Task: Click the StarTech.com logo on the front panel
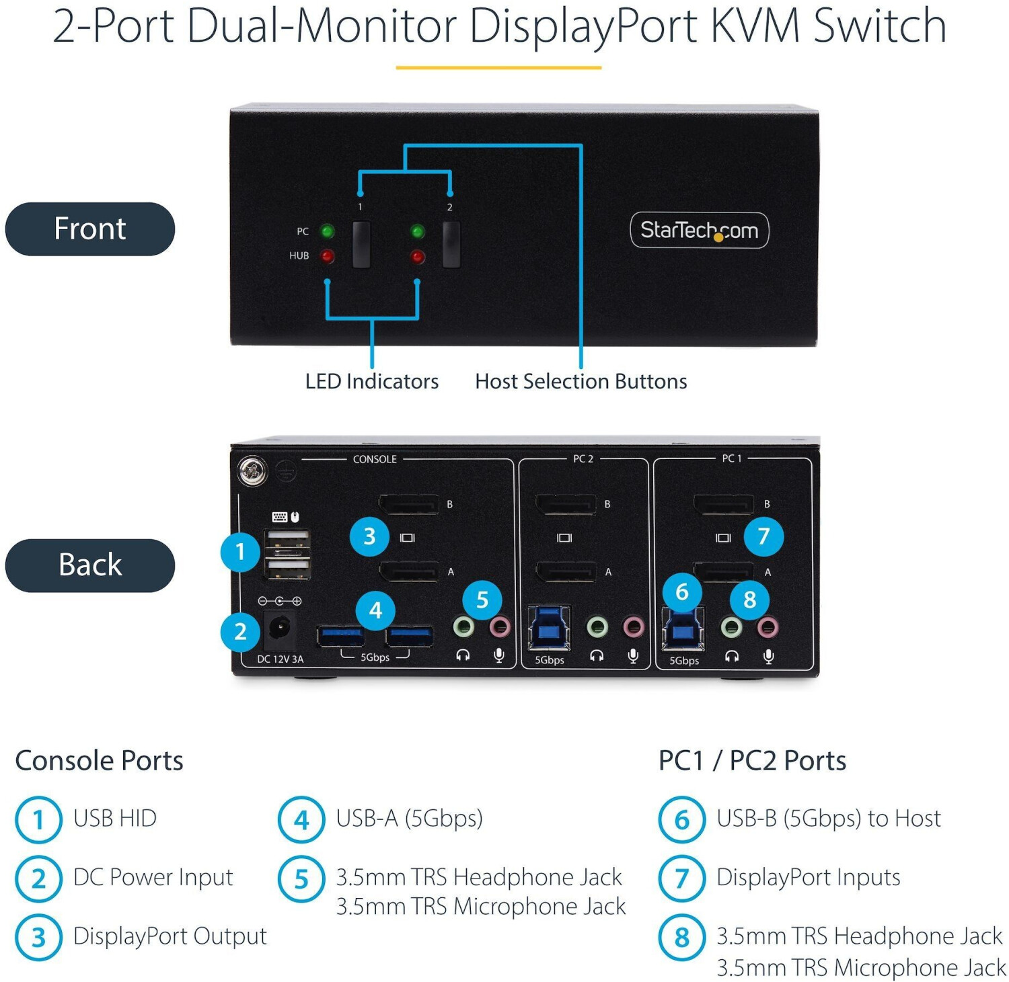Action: coord(699,230)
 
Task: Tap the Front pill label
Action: coord(90,229)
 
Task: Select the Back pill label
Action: coord(90,565)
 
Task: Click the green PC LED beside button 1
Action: coord(328,232)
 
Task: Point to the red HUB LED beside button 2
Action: coord(418,257)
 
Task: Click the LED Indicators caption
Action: coord(372,381)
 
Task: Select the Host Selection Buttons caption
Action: coord(581,381)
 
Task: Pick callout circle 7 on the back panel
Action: coord(763,536)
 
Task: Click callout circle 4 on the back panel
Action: coord(375,610)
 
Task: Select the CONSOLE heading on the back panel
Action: coord(375,459)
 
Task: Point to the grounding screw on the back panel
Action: coord(252,471)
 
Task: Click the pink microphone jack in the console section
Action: coord(499,627)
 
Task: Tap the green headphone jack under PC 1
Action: coord(731,628)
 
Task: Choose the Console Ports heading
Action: coord(99,760)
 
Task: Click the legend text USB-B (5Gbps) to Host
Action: coord(829,818)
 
